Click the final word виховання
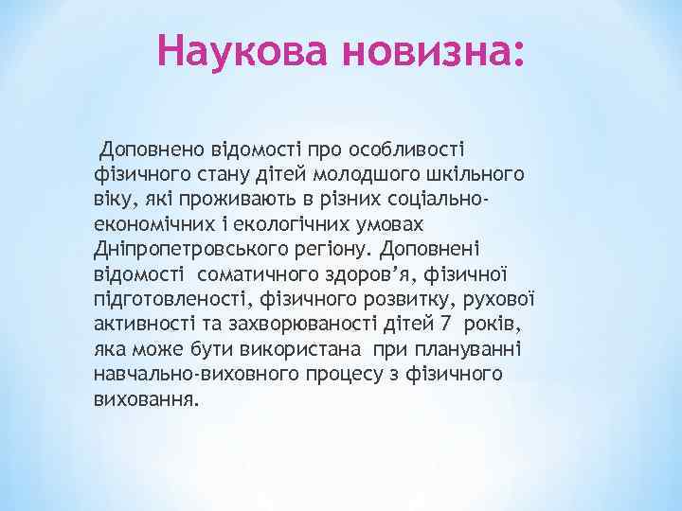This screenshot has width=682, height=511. click(x=147, y=398)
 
